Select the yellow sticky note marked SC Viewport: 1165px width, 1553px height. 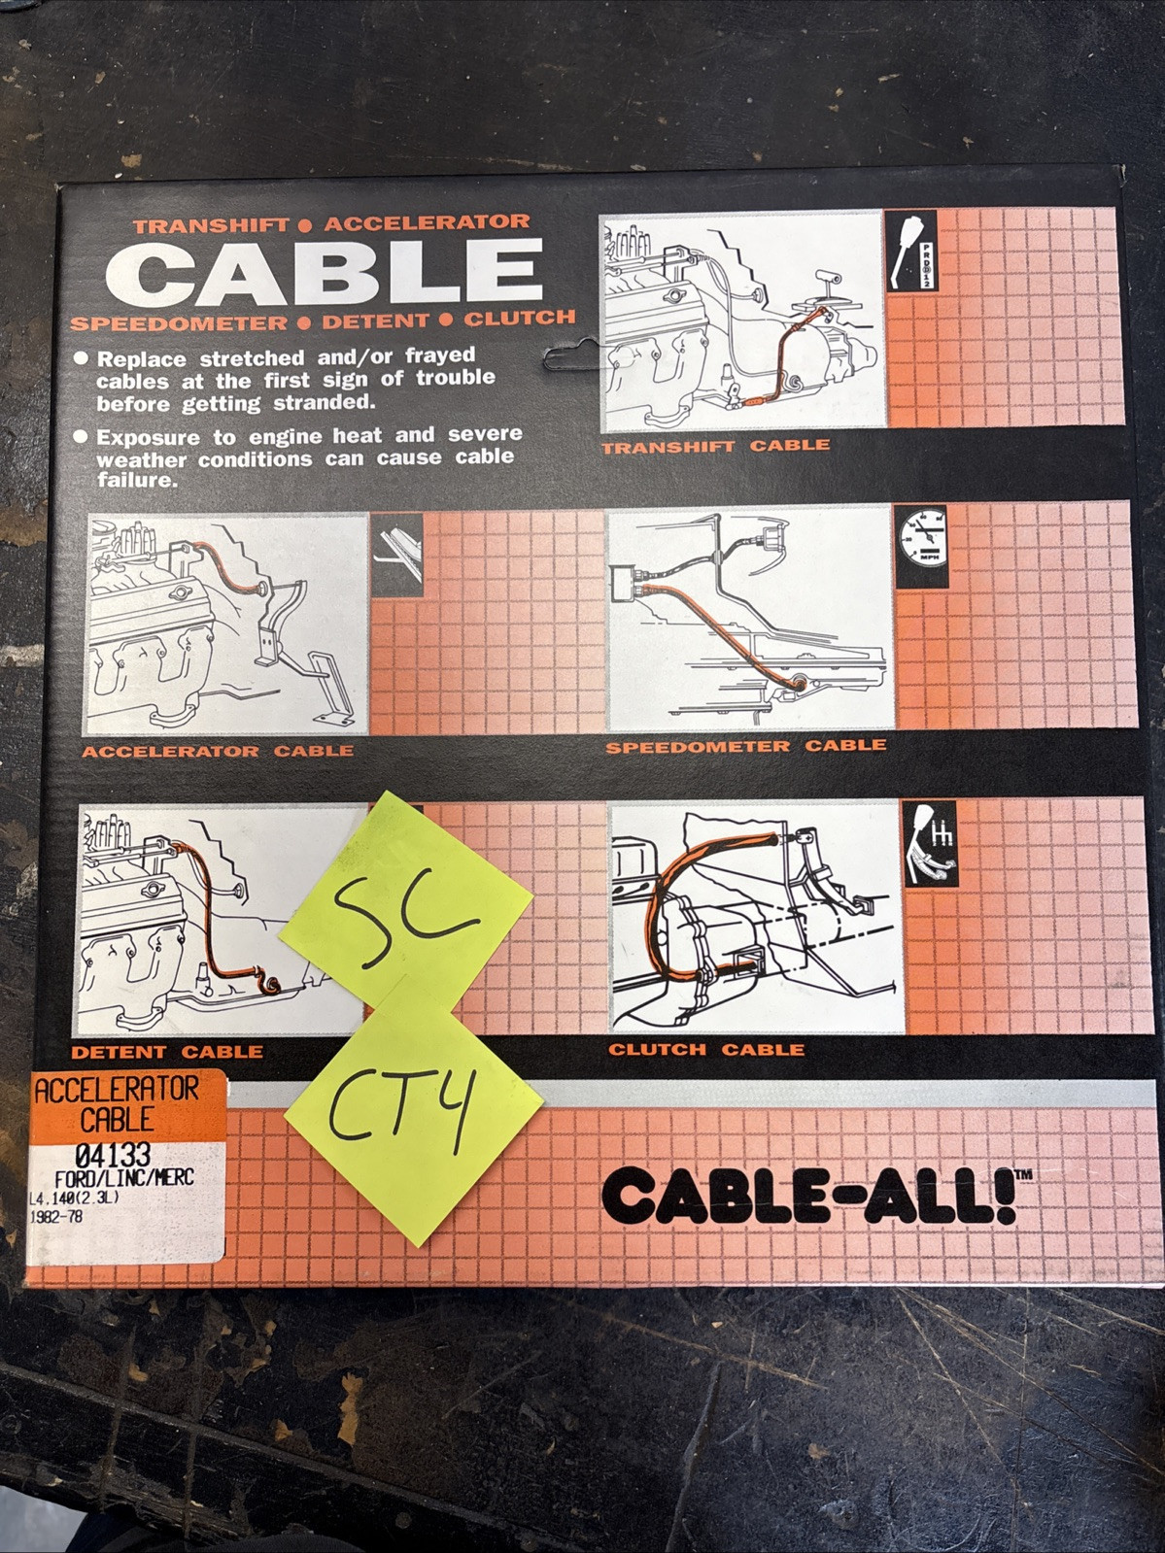(x=405, y=908)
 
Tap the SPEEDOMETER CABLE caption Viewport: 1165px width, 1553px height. (x=746, y=747)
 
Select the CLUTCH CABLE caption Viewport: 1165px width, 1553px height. (x=706, y=1050)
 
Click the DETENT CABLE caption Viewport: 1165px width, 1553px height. (x=167, y=1052)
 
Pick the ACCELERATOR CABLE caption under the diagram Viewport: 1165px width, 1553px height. (x=218, y=752)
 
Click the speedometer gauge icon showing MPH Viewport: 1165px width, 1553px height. (x=921, y=546)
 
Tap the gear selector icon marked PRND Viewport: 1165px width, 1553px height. (x=910, y=250)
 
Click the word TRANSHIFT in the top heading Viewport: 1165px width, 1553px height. (x=211, y=226)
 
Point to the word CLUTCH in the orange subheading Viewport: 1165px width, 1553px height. (x=519, y=319)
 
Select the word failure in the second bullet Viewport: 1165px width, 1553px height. (x=126, y=481)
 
